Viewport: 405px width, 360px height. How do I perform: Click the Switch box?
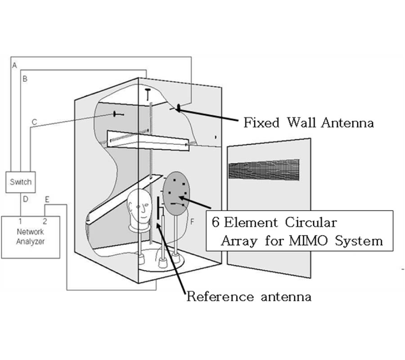coord(21,182)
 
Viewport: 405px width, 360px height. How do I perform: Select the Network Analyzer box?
coord(30,237)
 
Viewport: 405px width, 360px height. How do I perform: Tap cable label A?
coord(14,66)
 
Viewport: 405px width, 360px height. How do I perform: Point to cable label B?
coord(25,79)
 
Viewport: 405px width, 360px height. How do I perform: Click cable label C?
coord(34,122)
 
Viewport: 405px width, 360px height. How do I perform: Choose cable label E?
coord(47,198)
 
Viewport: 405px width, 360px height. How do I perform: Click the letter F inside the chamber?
coord(192,221)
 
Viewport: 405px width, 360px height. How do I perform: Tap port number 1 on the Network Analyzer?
coord(20,221)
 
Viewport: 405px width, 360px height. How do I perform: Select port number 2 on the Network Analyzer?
coord(45,221)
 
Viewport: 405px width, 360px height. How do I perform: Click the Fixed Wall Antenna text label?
coord(308,122)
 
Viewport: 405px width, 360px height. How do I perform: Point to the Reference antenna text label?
coord(248,297)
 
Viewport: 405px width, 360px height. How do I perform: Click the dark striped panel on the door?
coord(264,171)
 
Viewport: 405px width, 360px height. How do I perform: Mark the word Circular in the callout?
coord(310,222)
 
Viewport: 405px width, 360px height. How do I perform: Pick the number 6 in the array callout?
coord(216,222)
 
